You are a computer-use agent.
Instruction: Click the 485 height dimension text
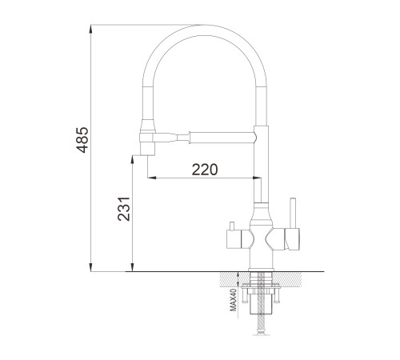coord(82,140)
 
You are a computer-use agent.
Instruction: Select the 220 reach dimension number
coord(205,170)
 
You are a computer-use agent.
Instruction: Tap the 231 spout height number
coord(124,209)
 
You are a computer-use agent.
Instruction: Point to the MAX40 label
coord(234,300)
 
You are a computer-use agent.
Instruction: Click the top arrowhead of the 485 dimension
coord(91,29)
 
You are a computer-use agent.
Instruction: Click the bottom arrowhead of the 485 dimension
coord(91,267)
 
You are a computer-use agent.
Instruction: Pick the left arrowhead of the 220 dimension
coord(152,178)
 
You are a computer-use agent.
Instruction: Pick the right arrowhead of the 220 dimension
coord(257,178)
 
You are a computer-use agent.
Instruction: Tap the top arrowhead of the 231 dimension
coord(132,160)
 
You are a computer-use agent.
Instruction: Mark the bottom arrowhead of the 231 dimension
coord(132,267)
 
